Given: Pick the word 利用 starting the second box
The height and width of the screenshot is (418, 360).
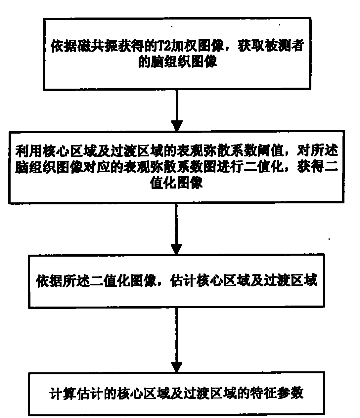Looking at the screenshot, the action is (x=28, y=151).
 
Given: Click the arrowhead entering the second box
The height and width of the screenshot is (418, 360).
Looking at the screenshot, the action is (x=177, y=126).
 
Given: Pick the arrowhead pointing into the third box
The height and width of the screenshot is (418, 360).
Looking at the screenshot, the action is (x=176, y=249).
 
